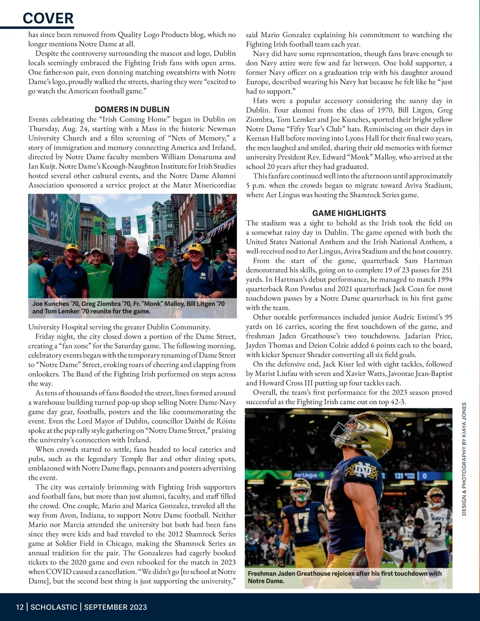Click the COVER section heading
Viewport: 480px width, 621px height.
(48, 18)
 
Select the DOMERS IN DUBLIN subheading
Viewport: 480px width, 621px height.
(132, 109)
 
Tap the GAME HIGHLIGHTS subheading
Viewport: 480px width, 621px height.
(349, 213)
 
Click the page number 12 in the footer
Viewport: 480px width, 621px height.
(20, 607)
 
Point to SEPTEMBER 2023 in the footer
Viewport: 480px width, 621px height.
(115, 607)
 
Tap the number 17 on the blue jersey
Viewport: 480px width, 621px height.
(300, 520)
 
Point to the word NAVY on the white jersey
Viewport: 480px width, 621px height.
(437, 519)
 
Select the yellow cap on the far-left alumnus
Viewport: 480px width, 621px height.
(72, 247)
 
